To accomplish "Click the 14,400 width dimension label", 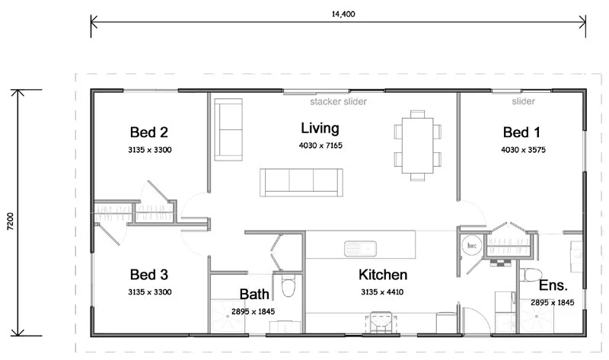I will point(338,14).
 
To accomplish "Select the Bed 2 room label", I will point(149,130).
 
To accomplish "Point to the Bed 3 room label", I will point(149,274).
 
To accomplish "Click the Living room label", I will point(320,128).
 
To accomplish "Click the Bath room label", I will point(253,294).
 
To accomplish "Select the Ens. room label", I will point(553,285).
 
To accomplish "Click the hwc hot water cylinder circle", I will point(471,246).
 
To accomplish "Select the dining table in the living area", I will point(417,145).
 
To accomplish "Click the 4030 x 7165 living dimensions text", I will point(320,145).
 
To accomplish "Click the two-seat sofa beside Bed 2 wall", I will point(226,129).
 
